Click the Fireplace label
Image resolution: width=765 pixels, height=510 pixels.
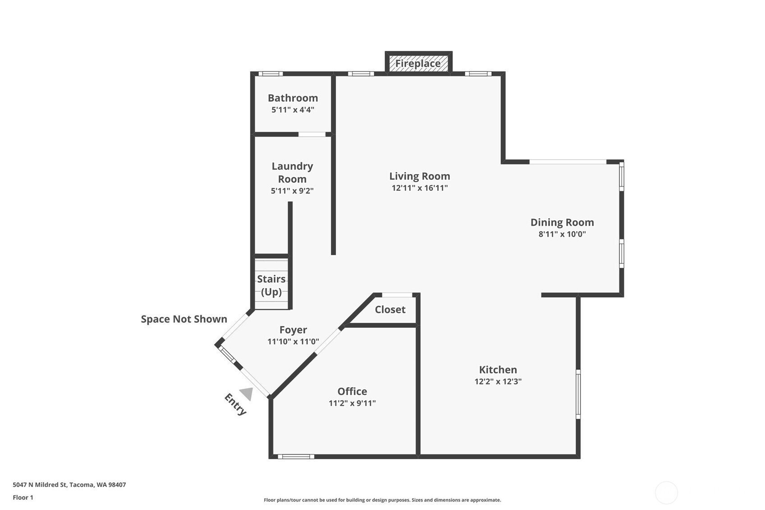click(418, 64)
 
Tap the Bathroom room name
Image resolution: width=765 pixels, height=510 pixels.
click(293, 98)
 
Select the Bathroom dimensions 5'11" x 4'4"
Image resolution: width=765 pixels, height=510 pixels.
click(293, 110)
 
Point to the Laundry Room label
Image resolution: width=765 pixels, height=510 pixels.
click(292, 173)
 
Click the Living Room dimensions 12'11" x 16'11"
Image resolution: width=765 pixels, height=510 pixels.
click(419, 188)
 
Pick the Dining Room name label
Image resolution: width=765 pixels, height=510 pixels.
click(562, 222)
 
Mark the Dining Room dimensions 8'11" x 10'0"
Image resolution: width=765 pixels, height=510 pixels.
click(562, 234)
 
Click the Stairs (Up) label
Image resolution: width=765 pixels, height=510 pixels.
click(271, 285)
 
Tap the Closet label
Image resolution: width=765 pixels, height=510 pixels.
click(390, 309)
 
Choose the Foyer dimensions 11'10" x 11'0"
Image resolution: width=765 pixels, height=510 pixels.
click(293, 341)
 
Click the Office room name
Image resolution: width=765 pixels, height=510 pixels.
click(352, 391)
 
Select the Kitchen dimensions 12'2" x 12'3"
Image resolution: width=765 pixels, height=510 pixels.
click(498, 381)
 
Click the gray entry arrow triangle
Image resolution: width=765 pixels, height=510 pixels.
click(247, 394)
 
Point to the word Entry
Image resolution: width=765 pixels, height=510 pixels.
click(235, 404)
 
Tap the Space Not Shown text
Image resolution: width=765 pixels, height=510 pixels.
click(184, 319)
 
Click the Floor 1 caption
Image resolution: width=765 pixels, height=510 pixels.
click(23, 497)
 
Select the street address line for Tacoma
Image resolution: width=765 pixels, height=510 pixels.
click(69, 485)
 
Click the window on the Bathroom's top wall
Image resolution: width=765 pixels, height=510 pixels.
click(270, 74)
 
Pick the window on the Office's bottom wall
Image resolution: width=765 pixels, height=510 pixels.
click(296, 456)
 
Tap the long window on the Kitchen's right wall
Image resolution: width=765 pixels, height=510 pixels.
click(578, 394)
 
